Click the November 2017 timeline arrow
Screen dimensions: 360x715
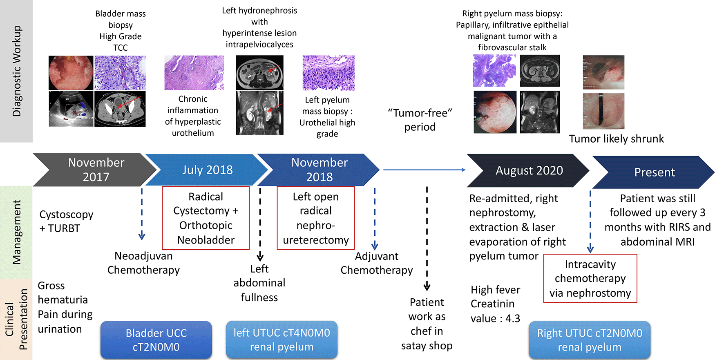coord(96,170)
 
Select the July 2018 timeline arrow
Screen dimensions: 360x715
coord(207,170)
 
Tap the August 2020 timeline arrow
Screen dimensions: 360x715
coord(529,170)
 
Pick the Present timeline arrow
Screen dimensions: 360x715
coord(654,172)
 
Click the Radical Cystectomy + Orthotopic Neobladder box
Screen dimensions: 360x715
coord(206,218)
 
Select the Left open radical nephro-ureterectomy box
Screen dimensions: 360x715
coord(316,218)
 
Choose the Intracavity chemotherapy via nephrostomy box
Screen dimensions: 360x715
coord(590,278)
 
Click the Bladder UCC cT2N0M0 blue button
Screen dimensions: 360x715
coord(156,340)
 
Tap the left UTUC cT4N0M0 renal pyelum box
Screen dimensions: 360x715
coord(282,340)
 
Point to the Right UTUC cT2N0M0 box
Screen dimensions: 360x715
coord(590,340)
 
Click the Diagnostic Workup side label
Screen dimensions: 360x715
coord(16,71)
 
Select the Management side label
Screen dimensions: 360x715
coord(16,232)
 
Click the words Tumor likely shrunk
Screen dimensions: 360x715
coord(616,139)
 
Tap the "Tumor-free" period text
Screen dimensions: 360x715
coord(420,120)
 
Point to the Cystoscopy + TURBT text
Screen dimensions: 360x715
coord(66,221)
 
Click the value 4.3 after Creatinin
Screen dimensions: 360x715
coord(513,318)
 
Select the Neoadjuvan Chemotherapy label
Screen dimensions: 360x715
coord(143,263)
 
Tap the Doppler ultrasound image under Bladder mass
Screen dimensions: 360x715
coord(71,109)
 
